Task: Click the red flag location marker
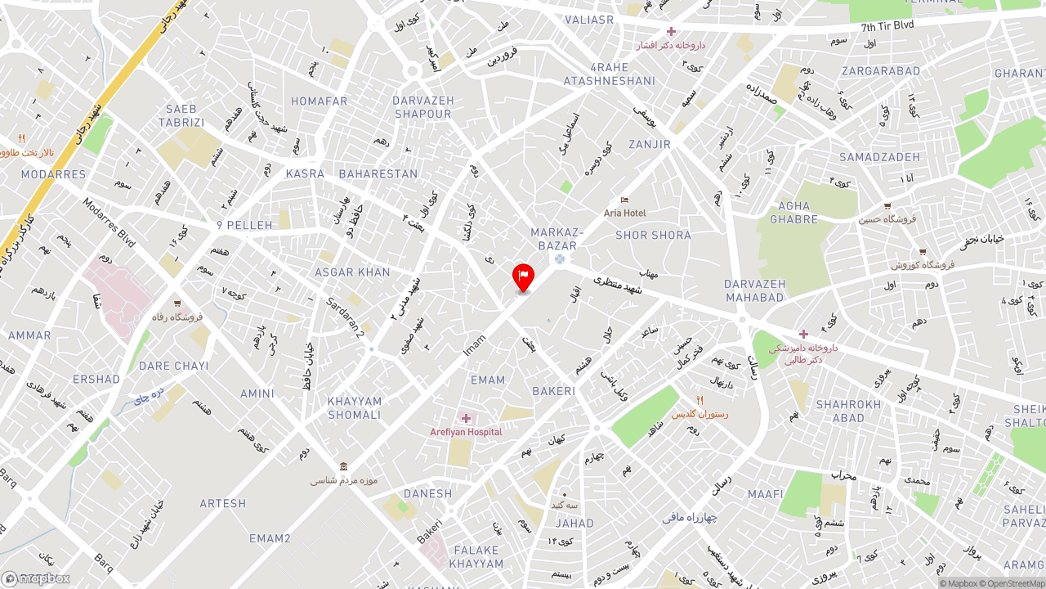click(523, 277)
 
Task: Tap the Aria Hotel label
click(624, 213)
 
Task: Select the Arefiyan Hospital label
click(466, 432)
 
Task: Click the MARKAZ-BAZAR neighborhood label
click(557, 239)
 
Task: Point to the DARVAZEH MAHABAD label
click(754, 290)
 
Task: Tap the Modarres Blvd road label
click(108, 222)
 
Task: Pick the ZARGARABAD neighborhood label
click(881, 71)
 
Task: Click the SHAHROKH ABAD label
click(848, 411)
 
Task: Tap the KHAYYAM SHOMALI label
click(355, 407)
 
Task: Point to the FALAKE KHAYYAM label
click(476, 556)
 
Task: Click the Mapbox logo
click(36, 578)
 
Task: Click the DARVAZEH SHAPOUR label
click(422, 107)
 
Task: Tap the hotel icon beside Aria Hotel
click(625, 200)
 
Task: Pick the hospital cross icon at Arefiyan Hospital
click(466, 419)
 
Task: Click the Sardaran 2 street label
click(345, 317)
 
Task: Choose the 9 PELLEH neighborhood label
click(239, 225)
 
